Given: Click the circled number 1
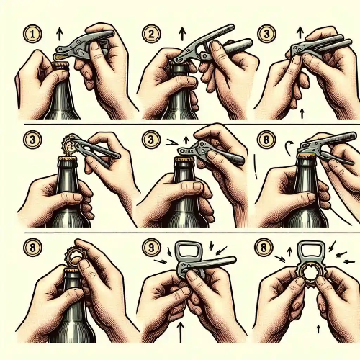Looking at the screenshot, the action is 32,34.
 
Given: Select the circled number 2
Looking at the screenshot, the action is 151,34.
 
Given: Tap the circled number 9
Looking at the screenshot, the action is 151,248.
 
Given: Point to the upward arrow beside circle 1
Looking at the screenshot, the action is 59,34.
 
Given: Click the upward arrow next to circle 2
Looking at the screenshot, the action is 183,34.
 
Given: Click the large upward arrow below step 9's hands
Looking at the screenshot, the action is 181,333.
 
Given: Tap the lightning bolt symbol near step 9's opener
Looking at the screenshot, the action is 212,246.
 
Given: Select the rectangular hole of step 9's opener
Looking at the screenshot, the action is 189,253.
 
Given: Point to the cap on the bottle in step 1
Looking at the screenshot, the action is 60,66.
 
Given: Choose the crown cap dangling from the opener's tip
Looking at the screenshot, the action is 70,145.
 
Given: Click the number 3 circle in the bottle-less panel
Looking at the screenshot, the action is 266,34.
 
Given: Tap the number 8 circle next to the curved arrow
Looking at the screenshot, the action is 266,140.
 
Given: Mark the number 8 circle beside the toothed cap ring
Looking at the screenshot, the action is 264,248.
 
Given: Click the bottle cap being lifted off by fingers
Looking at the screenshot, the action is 73,256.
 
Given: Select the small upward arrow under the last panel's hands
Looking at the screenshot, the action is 318,329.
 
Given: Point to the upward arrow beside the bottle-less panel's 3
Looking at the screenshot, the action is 300,33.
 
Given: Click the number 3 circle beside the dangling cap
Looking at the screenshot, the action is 32,140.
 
